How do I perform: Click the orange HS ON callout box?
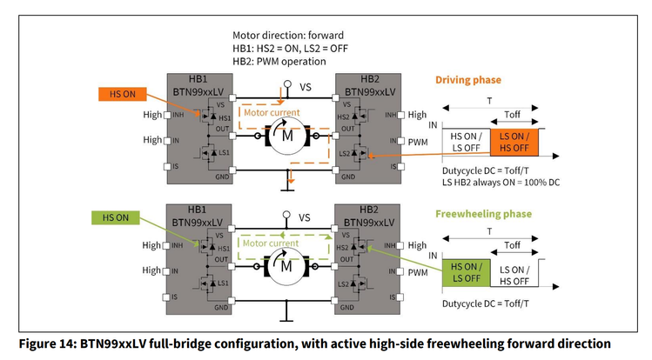pos(117,93)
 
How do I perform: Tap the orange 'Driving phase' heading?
pos(468,80)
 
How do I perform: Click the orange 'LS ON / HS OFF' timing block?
pos(515,143)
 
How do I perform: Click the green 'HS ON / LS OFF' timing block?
pos(465,273)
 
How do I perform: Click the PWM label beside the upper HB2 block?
pos(418,140)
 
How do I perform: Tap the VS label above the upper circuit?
pos(305,87)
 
